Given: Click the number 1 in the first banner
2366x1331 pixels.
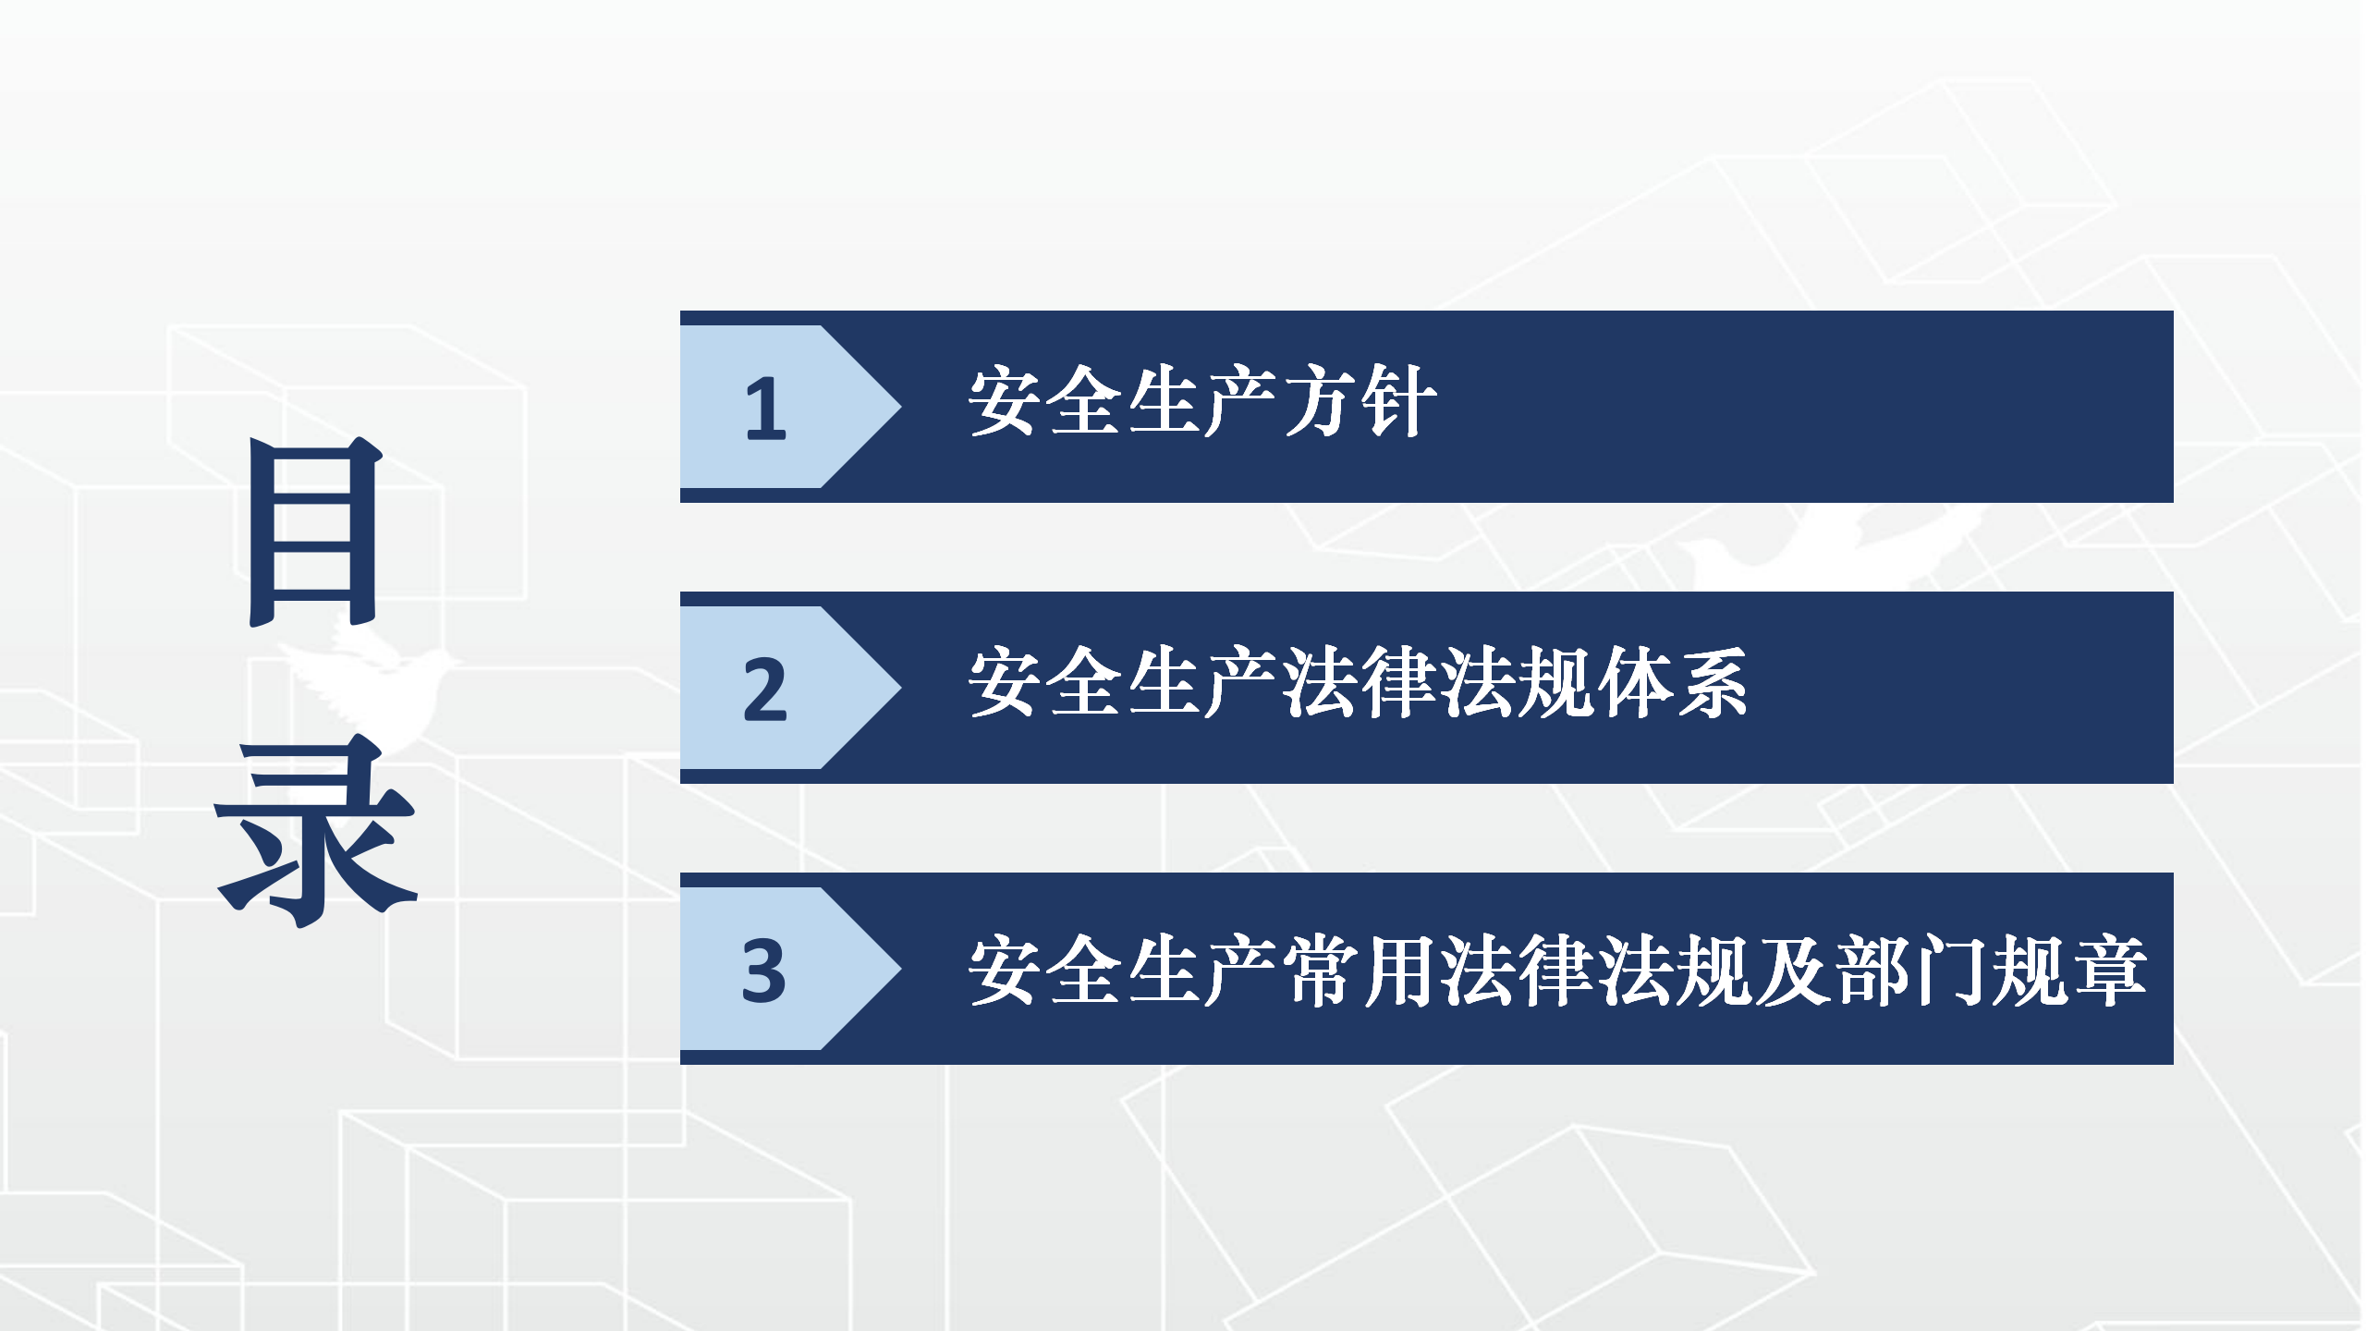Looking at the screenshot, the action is tap(766, 408).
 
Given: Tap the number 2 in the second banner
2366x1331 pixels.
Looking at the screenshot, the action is tap(764, 690).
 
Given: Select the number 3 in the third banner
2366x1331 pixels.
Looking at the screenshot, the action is tap(763, 971).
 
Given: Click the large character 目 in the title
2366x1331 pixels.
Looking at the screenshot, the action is tap(314, 531).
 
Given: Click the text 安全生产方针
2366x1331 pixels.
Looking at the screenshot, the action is tap(1202, 402).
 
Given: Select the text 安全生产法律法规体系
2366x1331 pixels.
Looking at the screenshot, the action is tap(1358, 683).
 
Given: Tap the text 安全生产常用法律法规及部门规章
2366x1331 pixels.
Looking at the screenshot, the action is tap(1556, 971).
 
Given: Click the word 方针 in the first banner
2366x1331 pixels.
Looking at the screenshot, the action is tap(1360, 402).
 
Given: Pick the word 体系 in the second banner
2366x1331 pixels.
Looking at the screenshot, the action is tap(1671, 683).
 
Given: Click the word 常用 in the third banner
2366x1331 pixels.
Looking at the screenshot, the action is tap(1360, 971).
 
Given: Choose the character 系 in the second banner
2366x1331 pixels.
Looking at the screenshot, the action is tap(1711, 683).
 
